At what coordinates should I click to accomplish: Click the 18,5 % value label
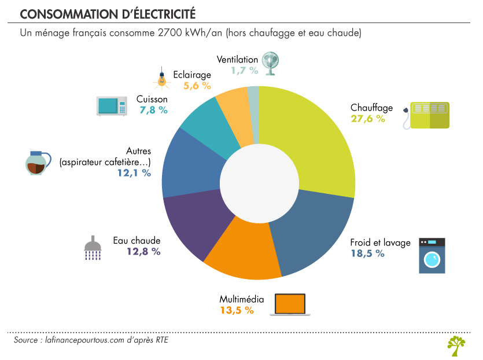[367, 254]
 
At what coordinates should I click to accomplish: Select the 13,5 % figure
[237, 310]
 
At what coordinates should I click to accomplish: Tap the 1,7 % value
[244, 70]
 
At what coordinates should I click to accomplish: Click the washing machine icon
[432, 255]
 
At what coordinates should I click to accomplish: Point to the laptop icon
[290, 304]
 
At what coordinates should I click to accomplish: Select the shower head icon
[93, 247]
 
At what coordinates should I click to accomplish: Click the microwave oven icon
[112, 106]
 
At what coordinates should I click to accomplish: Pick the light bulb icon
[163, 79]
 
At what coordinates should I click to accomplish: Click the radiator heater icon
[427, 115]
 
